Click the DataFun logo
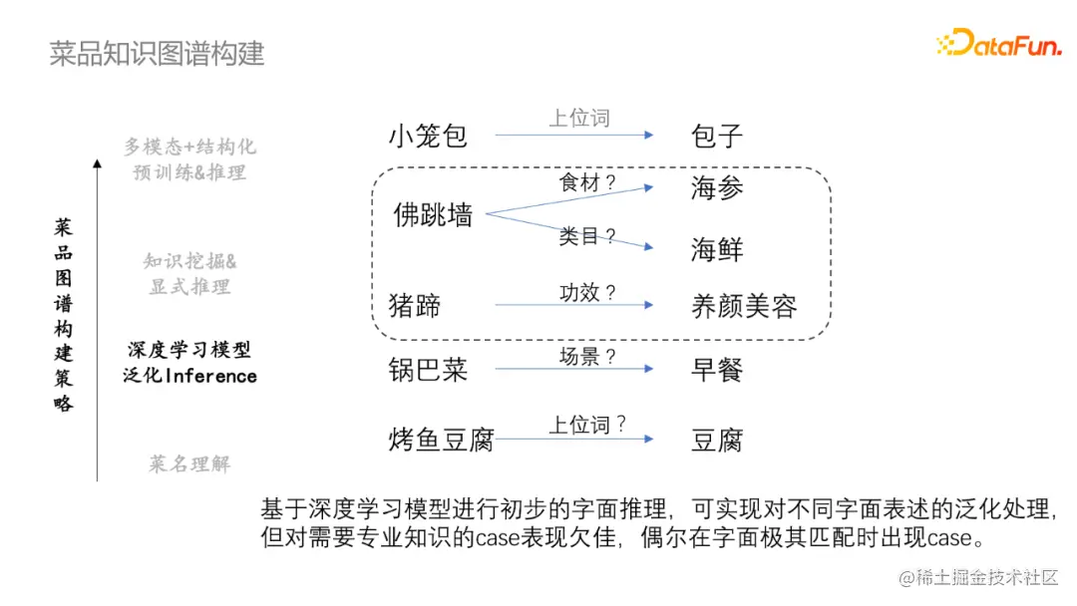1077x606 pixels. [x=998, y=42]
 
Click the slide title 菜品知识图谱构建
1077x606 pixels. [x=157, y=53]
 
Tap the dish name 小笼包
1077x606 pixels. [x=428, y=136]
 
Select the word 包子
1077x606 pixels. [x=717, y=136]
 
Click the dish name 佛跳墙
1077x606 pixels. [x=433, y=214]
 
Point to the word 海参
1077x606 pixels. [x=717, y=188]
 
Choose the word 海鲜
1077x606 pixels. [x=717, y=248]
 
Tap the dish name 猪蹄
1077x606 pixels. [x=415, y=304]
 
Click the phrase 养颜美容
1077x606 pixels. [x=744, y=305]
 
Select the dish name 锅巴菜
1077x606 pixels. [x=428, y=370]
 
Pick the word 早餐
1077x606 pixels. [x=717, y=370]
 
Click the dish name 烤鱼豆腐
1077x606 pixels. [x=441, y=440]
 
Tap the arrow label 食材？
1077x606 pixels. [x=587, y=182]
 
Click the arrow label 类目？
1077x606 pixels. [x=587, y=236]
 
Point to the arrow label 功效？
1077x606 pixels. [x=587, y=292]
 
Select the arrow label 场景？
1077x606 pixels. [x=587, y=356]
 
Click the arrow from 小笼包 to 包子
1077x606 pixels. [x=574, y=136]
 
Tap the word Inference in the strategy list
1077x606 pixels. [x=210, y=377]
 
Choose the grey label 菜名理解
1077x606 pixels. [x=189, y=463]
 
